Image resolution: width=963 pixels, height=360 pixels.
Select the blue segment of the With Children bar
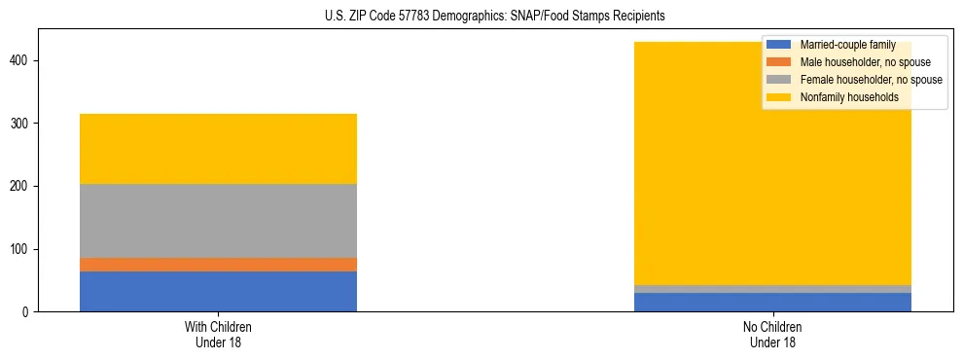(218, 291)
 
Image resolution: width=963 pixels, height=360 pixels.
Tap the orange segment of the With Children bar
(218, 265)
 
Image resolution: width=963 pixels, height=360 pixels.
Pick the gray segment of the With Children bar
(218, 221)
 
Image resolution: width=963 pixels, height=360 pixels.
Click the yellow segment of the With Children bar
(218, 149)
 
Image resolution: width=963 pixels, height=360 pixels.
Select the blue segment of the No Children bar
(772, 302)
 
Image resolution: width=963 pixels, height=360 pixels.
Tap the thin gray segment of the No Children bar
(772, 289)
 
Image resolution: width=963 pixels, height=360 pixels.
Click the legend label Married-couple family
(847, 46)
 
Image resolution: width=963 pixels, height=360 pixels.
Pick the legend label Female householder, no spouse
(871, 80)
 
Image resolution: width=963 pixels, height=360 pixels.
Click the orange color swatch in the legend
(779, 62)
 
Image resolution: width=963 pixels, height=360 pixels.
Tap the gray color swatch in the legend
(779, 80)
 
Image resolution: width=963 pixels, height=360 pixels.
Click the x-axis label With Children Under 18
(218, 335)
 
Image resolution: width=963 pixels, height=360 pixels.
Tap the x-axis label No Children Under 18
(772, 335)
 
